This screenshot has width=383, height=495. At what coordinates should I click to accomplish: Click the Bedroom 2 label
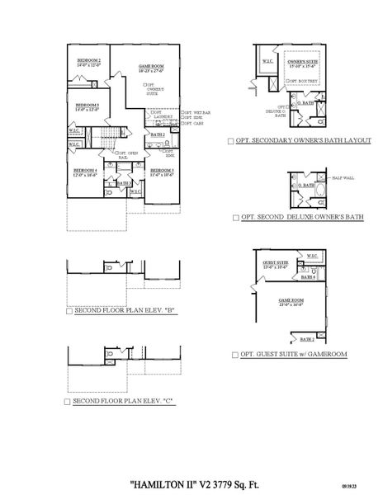pyautogui.click(x=89, y=61)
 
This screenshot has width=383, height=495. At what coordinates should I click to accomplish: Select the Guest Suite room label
pyautogui.click(x=276, y=262)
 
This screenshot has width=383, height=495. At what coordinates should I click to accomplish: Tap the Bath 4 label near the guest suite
pyautogui.click(x=309, y=277)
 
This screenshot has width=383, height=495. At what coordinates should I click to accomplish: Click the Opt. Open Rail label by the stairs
pyautogui.click(x=127, y=154)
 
